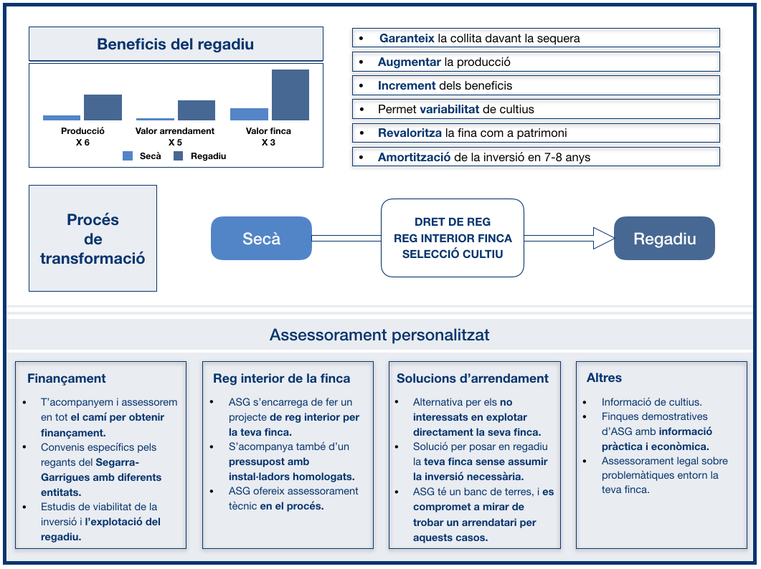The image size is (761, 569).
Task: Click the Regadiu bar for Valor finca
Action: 290,95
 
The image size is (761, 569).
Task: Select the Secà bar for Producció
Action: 62,118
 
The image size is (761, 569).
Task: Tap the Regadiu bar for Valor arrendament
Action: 197,110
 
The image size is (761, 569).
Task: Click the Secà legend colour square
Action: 128,156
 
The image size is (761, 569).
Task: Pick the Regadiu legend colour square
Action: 178,156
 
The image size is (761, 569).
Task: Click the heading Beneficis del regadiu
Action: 175,44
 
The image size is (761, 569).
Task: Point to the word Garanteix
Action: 407,38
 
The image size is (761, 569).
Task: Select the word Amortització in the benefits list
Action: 414,157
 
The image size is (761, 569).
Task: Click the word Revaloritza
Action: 410,133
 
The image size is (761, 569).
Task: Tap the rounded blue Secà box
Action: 261,238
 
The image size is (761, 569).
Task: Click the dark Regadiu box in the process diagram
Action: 664,238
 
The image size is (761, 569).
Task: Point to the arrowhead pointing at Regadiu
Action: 604,238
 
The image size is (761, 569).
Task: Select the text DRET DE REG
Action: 453,221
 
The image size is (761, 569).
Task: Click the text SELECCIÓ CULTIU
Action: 453,254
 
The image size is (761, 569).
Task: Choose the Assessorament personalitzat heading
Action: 379,335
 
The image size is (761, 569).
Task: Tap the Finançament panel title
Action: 67,378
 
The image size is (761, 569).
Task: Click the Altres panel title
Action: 604,378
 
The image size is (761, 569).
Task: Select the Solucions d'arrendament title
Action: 472,378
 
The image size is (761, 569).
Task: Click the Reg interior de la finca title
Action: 281,378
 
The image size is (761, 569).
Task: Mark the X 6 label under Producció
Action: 82,142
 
